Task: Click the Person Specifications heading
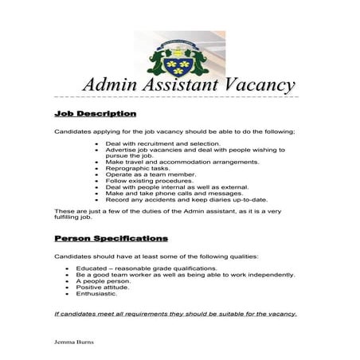tap(111, 238)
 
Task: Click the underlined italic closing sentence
tap(175, 314)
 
